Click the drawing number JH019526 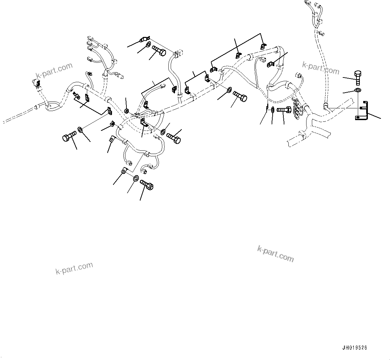[x=354, y=348]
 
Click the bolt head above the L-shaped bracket [x=357, y=74]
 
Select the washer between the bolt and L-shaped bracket [x=358, y=90]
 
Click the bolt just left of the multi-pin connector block [x=284, y=109]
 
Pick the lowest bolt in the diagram [x=147, y=185]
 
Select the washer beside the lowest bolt [x=136, y=178]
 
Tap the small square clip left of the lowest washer [x=124, y=171]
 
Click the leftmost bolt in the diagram [x=69, y=137]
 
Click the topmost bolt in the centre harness [x=159, y=51]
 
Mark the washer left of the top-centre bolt [x=148, y=45]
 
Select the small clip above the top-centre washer [x=144, y=39]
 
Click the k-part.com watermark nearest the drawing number [x=276, y=254]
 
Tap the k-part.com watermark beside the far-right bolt [x=321, y=68]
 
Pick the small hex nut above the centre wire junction [x=127, y=110]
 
